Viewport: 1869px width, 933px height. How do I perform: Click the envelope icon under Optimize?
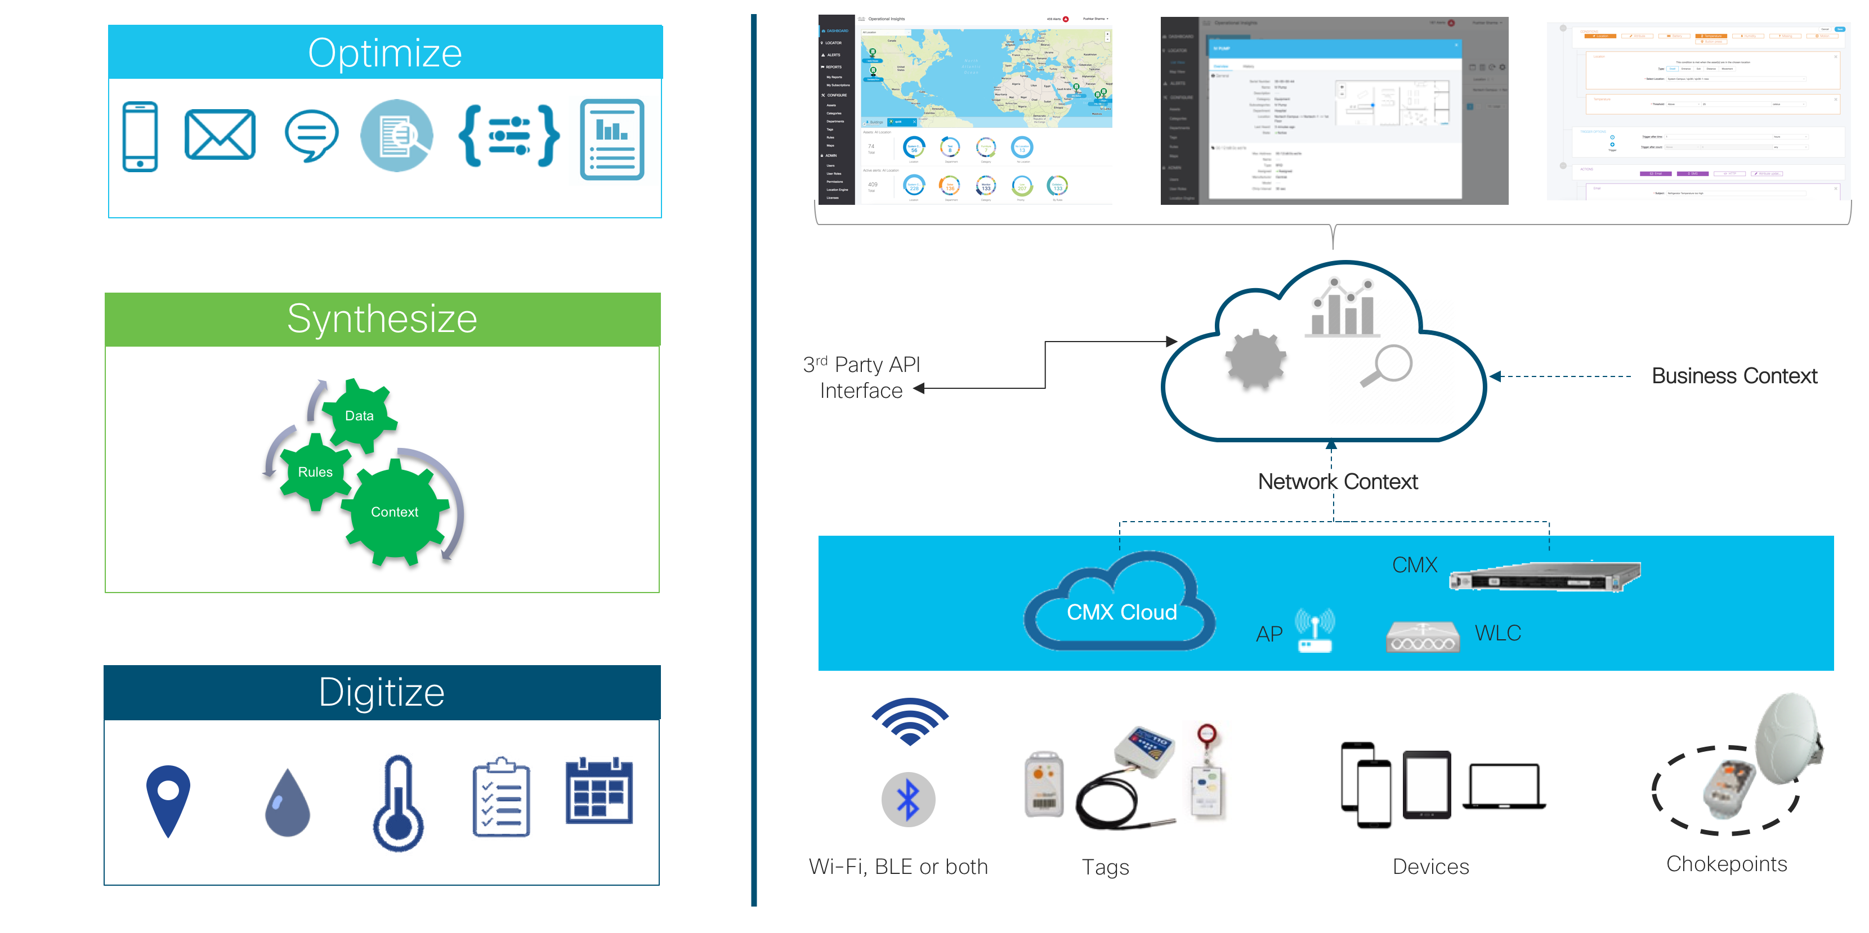[x=220, y=135]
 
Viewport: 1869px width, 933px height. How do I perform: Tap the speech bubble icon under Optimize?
[x=311, y=135]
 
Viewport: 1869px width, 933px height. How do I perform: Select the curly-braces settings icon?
[x=508, y=135]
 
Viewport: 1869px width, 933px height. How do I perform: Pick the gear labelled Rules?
[x=315, y=472]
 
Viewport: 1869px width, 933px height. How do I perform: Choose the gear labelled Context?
[x=395, y=512]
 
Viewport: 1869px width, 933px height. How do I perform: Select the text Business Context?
[x=1734, y=376]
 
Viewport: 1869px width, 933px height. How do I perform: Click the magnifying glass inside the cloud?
[x=1387, y=365]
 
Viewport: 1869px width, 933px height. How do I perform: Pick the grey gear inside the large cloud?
[x=1255, y=360]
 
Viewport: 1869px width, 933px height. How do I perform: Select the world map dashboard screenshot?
[x=965, y=111]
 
